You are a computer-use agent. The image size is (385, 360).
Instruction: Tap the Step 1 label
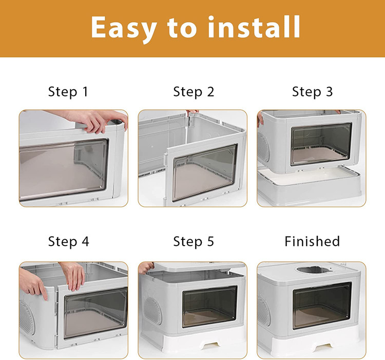tap(68, 92)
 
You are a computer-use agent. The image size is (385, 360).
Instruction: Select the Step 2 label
tap(194, 92)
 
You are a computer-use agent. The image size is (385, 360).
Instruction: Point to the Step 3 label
tap(312, 92)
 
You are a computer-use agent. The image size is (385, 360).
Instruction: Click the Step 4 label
tap(68, 242)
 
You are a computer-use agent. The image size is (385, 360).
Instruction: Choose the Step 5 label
tap(194, 242)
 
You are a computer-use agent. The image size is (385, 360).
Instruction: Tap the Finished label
tap(312, 242)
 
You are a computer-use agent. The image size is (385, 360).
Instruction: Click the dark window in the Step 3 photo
tap(321, 144)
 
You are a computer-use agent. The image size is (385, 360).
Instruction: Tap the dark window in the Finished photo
tap(322, 305)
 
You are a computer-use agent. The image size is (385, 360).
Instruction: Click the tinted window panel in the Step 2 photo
tap(205, 172)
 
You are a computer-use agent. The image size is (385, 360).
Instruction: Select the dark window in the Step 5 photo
tap(209, 307)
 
